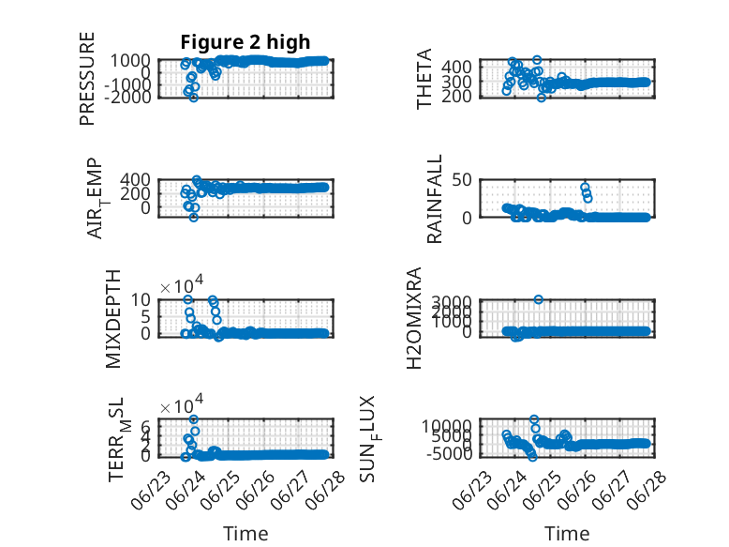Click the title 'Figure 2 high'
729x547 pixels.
pyautogui.click(x=245, y=42)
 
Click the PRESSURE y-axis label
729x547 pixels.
pyautogui.click(x=87, y=79)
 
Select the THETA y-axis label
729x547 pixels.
pyautogui.click(x=424, y=79)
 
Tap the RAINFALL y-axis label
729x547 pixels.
pyautogui.click(x=434, y=199)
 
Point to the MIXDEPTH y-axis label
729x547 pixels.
pyautogui.click(x=113, y=319)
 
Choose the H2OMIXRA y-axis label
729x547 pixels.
pyautogui.click(x=414, y=318)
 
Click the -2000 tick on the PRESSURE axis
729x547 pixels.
pyautogui.click(x=127, y=98)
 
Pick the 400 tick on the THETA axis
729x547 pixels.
pyautogui.click(x=456, y=67)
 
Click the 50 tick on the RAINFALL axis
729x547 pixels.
pyautogui.click(x=462, y=180)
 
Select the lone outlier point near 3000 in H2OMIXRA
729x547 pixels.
pyautogui.click(x=539, y=299)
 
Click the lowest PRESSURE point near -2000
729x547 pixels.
pyautogui.click(x=194, y=98)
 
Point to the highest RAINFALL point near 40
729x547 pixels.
pyautogui.click(x=585, y=187)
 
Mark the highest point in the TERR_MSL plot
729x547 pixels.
pyautogui.click(x=194, y=419)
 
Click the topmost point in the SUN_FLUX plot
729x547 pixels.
pyautogui.click(x=534, y=419)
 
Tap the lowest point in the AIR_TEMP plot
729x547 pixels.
pyautogui.click(x=194, y=218)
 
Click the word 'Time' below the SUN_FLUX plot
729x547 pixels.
pyautogui.click(x=567, y=533)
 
